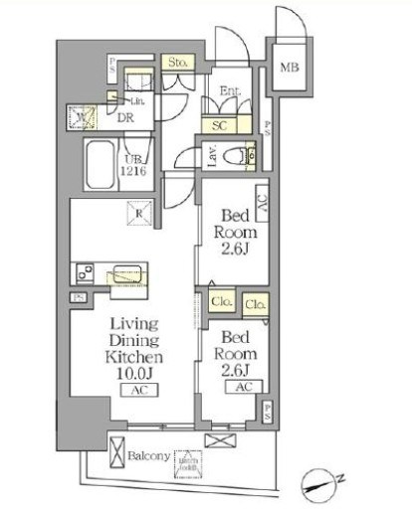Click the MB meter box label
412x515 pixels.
[x=289, y=69]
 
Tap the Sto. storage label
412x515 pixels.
[x=179, y=62]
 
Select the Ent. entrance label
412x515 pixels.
[x=228, y=91]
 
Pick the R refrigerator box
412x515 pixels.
[x=141, y=212]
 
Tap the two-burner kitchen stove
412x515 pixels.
[x=82, y=271]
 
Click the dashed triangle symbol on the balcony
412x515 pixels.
[x=188, y=458]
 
